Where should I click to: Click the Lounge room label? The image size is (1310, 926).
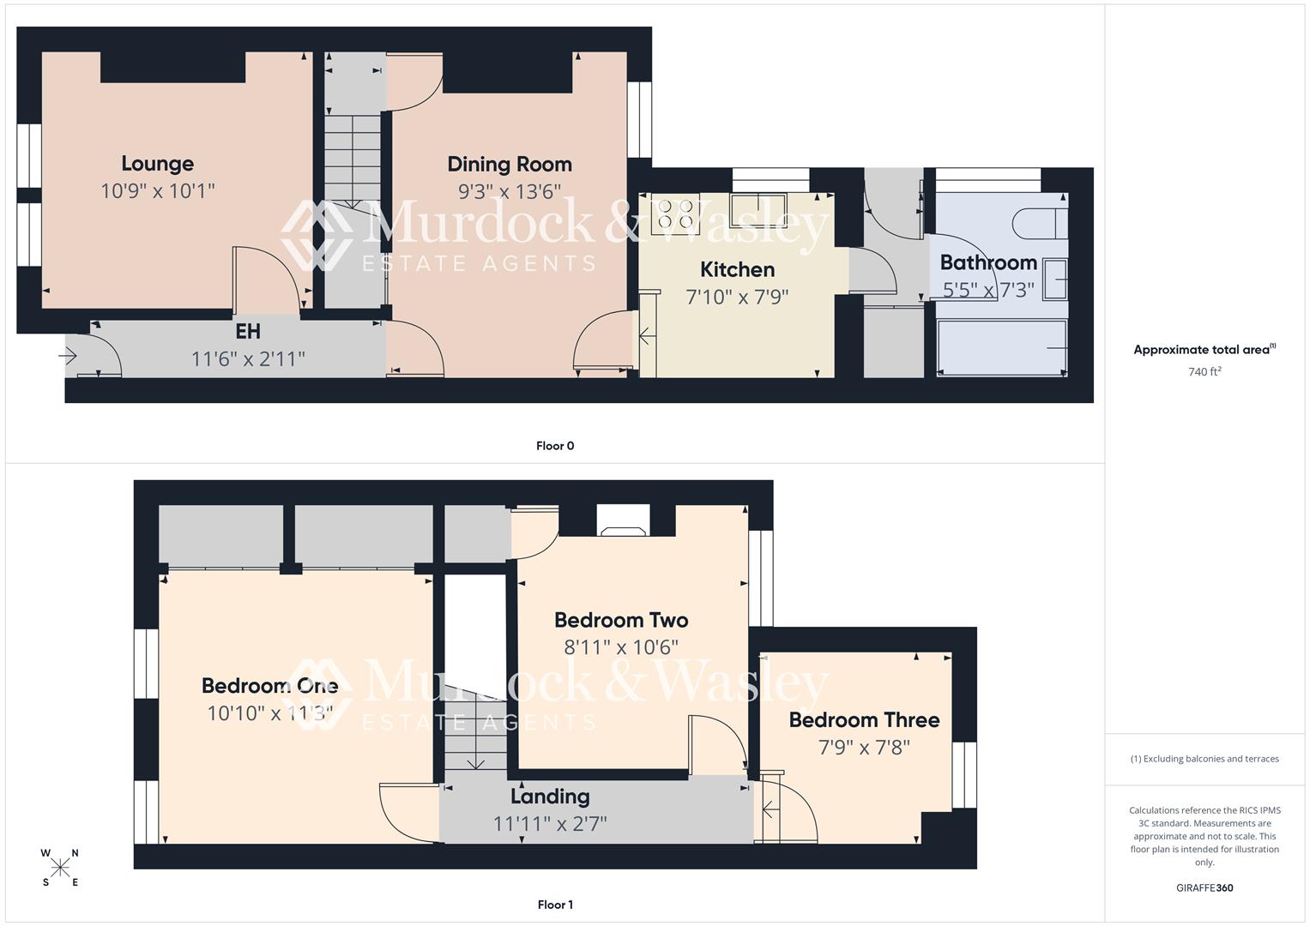point(157,164)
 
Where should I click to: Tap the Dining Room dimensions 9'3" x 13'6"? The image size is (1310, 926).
point(509,191)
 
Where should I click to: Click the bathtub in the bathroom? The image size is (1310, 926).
point(1002,346)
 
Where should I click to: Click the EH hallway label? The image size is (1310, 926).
point(247,332)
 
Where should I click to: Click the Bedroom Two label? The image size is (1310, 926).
point(621,620)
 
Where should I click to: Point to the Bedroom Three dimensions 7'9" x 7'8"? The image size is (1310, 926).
point(864,748)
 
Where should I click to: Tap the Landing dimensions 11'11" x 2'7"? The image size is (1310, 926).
point(550,824)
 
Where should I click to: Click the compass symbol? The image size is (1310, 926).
point(60,868)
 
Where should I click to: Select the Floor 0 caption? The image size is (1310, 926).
point(555,446)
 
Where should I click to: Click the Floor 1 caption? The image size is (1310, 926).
point(555,905)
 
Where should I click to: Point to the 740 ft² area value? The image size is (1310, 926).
point(1204,372)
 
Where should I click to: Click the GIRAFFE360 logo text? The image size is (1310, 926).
point(1204,888)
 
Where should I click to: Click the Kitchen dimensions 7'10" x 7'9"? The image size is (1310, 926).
point(737,298)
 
